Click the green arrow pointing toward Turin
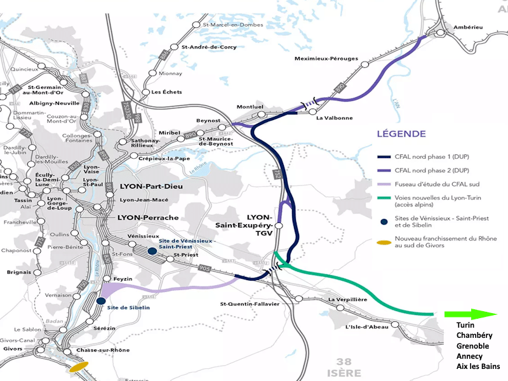[x=470, y=314]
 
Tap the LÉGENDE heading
[x=401, y=134]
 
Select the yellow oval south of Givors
[x=79, y=366]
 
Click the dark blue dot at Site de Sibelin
[x=101, y=301]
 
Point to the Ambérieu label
[x=469, y=27]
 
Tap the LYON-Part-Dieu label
[x=149, y=190]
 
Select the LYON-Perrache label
[x=148, y=217]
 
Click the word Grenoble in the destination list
[x=476, y=346]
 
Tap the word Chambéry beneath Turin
[x=477, y=336]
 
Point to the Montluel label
[x=249, y=107]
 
